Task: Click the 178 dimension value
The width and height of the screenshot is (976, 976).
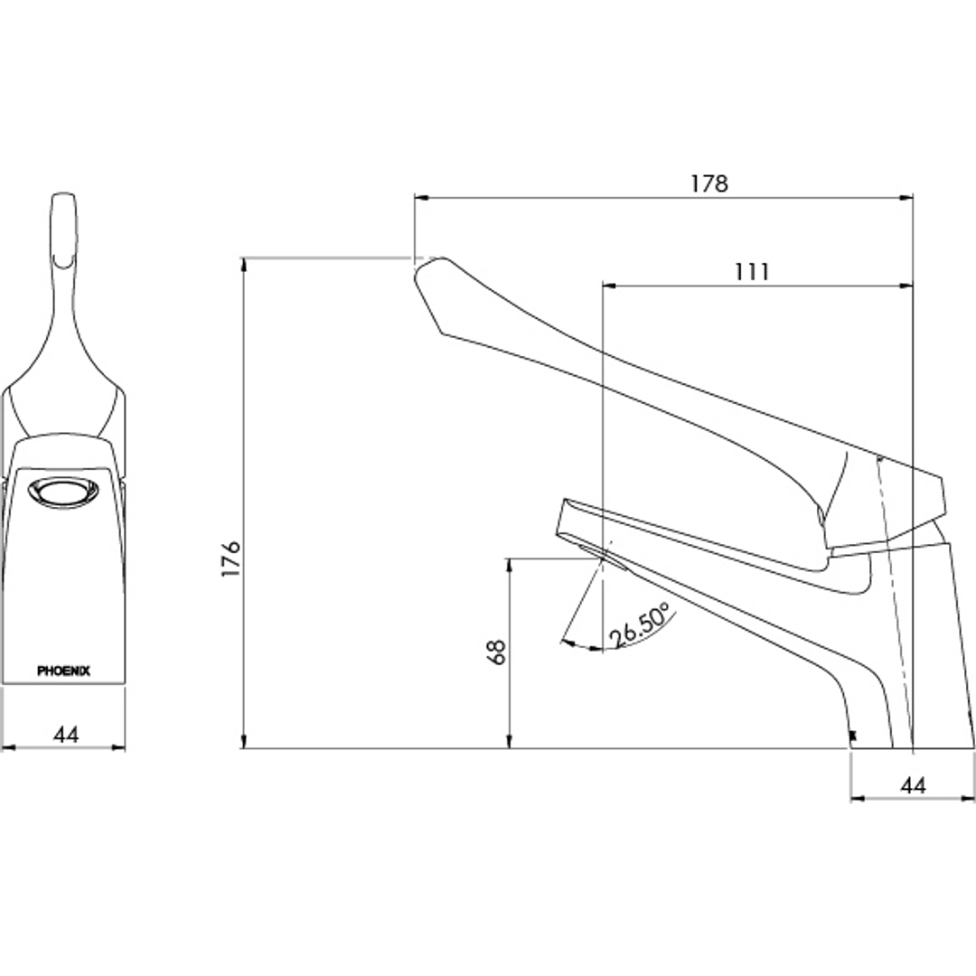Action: [709, 183]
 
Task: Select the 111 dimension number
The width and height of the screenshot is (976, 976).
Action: [752, 272]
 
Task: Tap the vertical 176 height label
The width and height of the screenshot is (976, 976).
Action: [231, 558]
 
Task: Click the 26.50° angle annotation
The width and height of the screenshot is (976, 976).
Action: [639, 625]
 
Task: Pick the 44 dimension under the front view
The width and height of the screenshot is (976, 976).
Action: [66, 735]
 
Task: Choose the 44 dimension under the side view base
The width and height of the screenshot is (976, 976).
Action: [913, 785]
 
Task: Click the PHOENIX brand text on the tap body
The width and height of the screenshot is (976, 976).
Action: [63, 671]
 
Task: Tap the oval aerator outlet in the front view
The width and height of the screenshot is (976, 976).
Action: [63, 493]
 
